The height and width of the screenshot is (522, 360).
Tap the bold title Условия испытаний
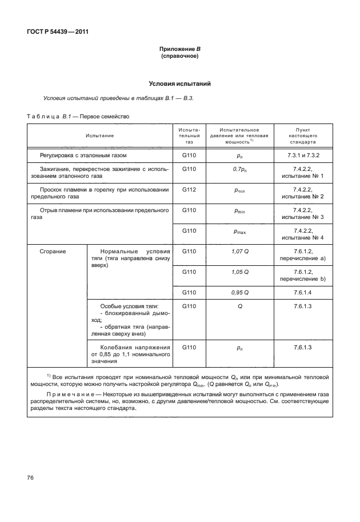click(179, 83)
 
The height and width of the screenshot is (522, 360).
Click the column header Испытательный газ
click(189, 136)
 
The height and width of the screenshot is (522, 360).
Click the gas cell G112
click(189, 189)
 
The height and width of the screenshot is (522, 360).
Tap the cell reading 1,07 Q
click(240, 251)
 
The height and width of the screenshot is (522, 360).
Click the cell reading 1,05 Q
click(240, 272)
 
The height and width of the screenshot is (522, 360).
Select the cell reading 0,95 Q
click(240, 292)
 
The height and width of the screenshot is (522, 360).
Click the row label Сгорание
click(53, 251)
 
